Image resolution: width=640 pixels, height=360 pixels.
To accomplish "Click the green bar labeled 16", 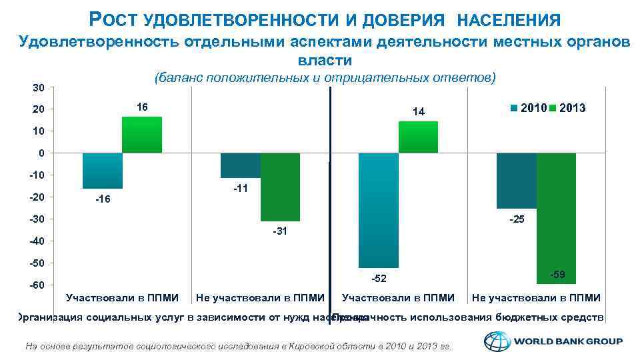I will point(141,135).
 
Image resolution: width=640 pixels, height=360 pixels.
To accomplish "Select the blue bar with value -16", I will point(102,171).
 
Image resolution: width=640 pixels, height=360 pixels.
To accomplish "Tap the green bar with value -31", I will point(280,187).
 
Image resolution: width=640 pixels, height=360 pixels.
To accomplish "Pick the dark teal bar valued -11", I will point(240,165).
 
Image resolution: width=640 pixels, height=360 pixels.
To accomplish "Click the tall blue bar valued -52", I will point(378,210).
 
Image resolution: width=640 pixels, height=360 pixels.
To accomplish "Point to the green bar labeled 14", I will point(418,137).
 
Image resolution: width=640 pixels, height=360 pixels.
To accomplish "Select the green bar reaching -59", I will point(556,218).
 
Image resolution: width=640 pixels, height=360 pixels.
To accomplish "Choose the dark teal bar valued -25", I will point(516,181).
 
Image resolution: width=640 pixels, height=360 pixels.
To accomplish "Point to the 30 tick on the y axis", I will point(39,87).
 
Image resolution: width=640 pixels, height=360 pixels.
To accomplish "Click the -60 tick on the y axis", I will point(37,285).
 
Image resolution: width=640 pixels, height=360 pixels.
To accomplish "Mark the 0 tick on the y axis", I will point(41,153).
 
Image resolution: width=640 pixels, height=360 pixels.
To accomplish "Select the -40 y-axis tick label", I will point(37,241).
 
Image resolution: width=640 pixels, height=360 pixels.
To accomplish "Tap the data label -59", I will point(558,275).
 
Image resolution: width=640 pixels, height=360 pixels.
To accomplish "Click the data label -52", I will point(378,278).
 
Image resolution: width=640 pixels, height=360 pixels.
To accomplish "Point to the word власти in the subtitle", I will point(325,61).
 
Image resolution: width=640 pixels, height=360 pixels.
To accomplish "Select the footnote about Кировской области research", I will point(238,345).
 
